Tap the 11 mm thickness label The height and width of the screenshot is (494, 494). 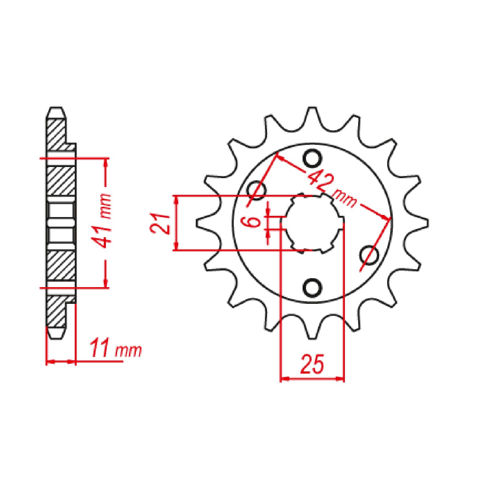(x=116, y=350)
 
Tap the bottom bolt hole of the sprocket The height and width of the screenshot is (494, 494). (x=312, y=287)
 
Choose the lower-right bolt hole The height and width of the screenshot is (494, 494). (x=370, y=255)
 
